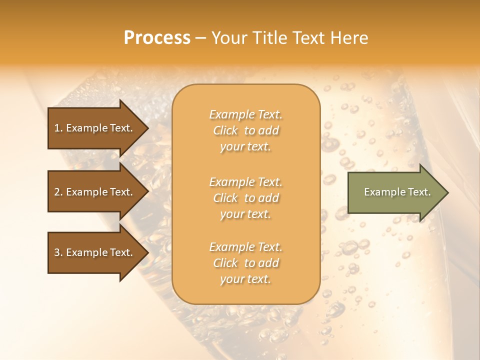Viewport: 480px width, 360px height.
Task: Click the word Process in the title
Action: (157, 38)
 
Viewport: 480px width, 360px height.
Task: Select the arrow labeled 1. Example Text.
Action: (95, 128)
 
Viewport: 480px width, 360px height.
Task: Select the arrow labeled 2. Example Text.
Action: (95, 192)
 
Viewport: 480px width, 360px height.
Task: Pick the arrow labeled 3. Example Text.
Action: (95, 252)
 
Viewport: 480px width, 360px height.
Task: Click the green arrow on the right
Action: (395, 192)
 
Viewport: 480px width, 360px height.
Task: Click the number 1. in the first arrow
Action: (58, 128)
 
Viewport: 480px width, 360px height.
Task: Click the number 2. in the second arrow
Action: (58, 192)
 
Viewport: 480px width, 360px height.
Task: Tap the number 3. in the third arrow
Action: (58, 252)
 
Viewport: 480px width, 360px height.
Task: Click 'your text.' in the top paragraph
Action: (245, 147)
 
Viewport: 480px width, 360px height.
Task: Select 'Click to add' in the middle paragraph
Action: (246, 198)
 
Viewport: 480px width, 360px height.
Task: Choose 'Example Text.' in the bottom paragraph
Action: (246, 247)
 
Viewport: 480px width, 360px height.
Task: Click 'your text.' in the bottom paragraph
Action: (245, 279)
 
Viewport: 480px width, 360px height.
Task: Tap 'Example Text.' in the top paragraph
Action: (246, 114)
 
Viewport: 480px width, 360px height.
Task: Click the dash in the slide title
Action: (200, 38)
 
